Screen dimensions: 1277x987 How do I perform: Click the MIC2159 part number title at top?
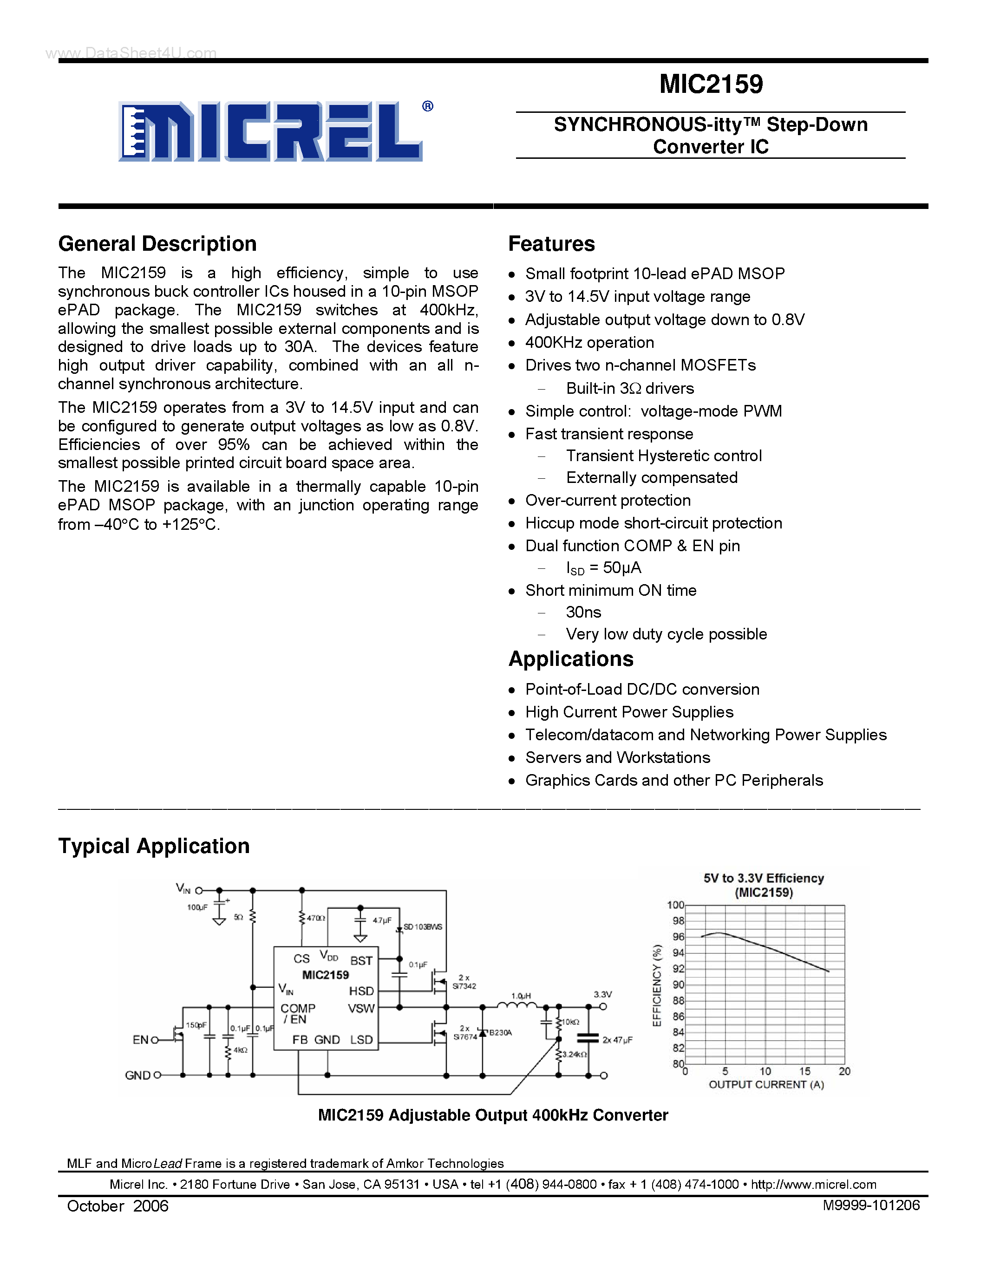711,84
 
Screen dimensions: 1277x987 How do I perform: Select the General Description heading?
157,244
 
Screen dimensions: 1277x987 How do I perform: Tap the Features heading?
551,244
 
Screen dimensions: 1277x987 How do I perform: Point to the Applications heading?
571,659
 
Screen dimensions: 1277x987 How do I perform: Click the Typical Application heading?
154,846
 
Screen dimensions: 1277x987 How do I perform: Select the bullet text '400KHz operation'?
589,343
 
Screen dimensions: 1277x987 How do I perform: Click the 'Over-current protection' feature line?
608,501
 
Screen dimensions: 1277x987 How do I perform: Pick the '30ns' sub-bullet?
583,612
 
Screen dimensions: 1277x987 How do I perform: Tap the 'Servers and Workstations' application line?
617,758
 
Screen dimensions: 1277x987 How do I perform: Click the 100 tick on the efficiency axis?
675,905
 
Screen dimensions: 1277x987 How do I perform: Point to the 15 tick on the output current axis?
804,1071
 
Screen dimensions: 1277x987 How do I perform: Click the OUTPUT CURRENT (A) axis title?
766,1085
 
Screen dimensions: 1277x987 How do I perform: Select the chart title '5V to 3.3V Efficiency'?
764,878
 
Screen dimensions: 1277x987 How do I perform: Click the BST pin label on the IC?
361,961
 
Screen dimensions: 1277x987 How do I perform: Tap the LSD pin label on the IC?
361,1040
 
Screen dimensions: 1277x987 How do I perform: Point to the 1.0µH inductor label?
521,996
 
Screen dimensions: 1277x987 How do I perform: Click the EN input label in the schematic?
140,1040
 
